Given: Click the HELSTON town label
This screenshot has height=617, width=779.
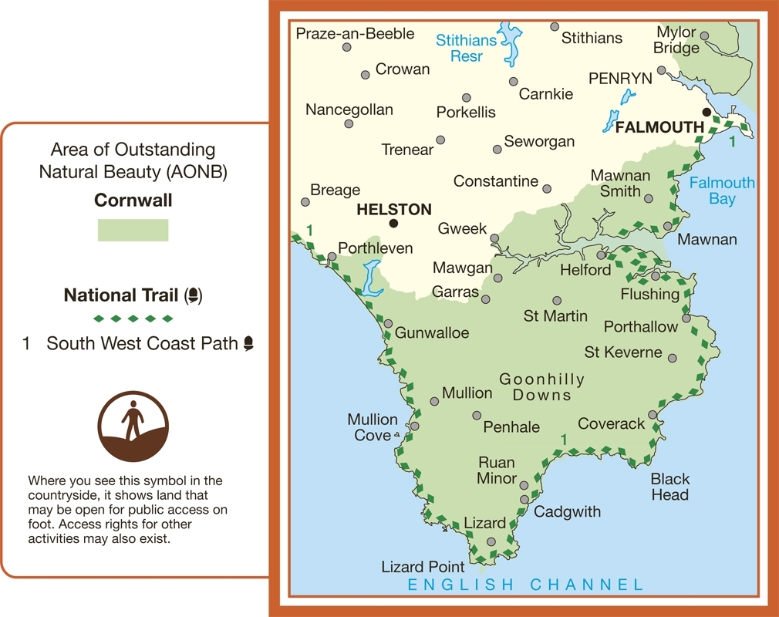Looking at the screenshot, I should click(x=393, y=209).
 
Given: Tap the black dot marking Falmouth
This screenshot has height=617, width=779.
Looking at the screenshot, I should click(x=705, y=112).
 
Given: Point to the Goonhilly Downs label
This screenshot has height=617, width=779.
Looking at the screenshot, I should click(x=542, y=387).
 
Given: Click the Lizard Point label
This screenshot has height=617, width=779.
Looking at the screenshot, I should click(x=423, y=567).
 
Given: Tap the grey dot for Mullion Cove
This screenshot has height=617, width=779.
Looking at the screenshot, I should click(x=415, y=426).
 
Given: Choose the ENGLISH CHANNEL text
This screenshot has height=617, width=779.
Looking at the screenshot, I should click(x=525, y=585).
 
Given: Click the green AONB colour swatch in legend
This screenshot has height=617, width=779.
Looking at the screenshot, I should click(x=133, y=230).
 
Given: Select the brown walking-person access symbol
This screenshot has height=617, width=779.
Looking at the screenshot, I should click(x=133, y=427).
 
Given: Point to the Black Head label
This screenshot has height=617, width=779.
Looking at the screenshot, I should click(x=669, y=487).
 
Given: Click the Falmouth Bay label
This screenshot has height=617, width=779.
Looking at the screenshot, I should click(x=722, y=190).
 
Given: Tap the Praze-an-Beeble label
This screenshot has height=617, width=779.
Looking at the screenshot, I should click(x=355, y=33).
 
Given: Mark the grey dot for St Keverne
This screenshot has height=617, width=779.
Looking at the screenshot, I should click(x=673, y=359).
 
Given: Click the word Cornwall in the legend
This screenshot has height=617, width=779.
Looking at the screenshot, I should click(x=133, y=201).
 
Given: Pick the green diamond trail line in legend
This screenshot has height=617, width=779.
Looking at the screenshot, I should click(x=133, y=319).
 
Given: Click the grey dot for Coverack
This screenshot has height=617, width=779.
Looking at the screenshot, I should click(x=653, y=415).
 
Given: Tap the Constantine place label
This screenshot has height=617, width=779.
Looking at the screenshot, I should click(x=496, y=181).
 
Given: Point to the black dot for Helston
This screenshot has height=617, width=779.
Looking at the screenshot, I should click(x=393, y=224).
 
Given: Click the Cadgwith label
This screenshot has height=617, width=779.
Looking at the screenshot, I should click(x=567, y=511).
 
